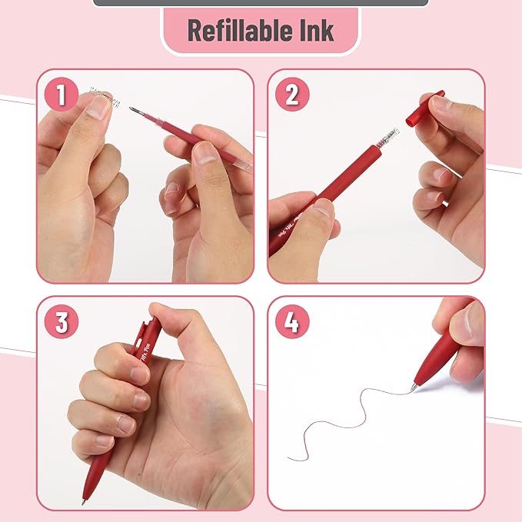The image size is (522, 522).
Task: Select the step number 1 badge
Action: (62, 96)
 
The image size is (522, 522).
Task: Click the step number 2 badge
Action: (291, 96)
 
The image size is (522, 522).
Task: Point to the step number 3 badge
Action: (62, 321)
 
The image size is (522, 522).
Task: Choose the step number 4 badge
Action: (291, 321)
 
